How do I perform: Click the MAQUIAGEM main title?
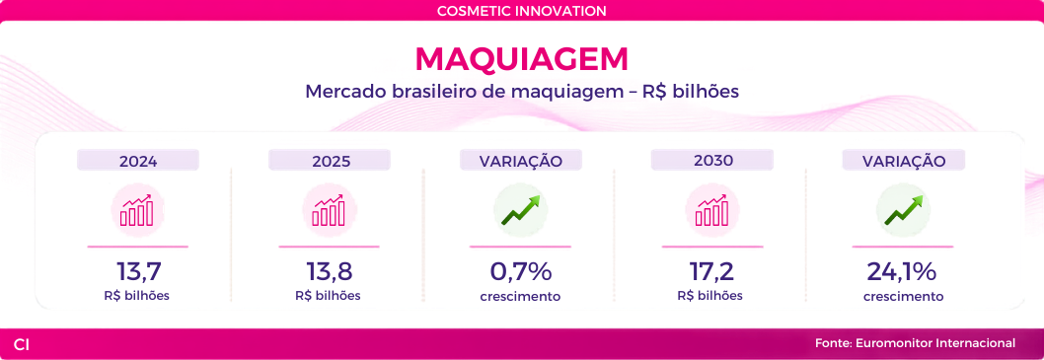coord(521,59)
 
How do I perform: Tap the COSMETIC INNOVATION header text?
coord(521,11)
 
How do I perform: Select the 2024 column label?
coord(138,161)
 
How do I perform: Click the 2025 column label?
coord(329,161)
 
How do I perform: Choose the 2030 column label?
coord(711,161)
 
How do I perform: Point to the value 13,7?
coord(138,271)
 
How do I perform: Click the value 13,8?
coord(329,271)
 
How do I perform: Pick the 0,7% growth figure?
coord(520,271)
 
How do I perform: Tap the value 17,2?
coord(711,271)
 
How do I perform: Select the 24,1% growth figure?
coord(902,271)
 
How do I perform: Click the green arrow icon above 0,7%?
coord(520,210)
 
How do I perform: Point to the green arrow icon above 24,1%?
coord(904,210)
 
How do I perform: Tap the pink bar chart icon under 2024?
coord(137,210)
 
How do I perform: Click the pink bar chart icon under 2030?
coord(712,210)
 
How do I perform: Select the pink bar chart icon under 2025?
coord(329,210)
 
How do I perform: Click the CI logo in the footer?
coord(22,344)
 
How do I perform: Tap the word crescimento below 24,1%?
coord(904,296)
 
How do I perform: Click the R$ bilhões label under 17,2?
coord(711,296)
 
